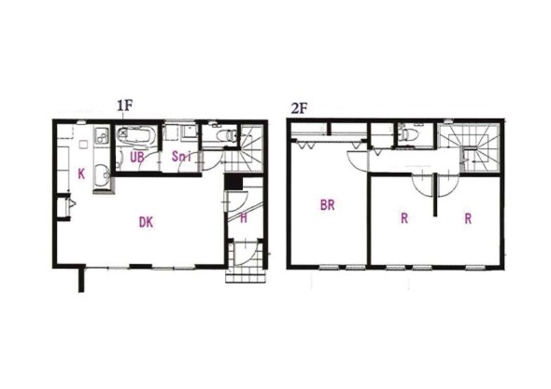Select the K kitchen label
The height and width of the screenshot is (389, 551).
pos(81,174)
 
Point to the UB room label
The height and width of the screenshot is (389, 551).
pos(136,157)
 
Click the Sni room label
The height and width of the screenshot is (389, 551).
pos(181,157)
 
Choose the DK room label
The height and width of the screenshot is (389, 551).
pos(146,222)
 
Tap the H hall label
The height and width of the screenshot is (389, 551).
pos(243,218)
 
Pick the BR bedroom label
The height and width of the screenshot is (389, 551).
pos(328,205)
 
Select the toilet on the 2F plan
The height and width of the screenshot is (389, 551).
pos(407,136)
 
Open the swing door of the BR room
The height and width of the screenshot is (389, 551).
pos(356,160)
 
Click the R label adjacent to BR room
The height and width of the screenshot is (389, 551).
pos(404,219)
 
